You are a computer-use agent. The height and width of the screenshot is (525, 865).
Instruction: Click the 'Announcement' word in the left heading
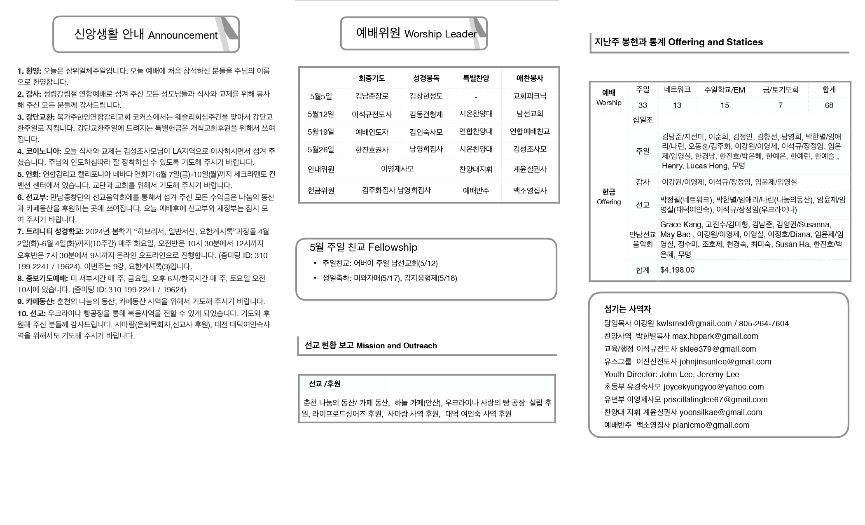pyautogui.click(x=182, y=35)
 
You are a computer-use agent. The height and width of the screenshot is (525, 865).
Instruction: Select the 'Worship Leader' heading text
pyautogui.click(x=440, y=34)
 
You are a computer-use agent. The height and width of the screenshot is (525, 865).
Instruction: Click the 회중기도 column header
pyautogui.click(x=372, y=78)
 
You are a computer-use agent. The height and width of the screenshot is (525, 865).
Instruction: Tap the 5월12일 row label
pyautogui.click(x=321, y=114)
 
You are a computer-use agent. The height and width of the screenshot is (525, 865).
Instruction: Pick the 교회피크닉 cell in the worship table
pyautogui.click(x=530, y=96)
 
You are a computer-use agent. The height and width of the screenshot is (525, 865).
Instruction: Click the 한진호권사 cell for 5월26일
pyautogui.click(x=372, y=149)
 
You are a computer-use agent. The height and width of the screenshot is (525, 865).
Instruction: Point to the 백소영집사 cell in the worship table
pyautogui.click(x=530, y=191)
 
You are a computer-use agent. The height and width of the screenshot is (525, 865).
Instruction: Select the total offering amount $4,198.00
pyautogui.click(x=677, y=270)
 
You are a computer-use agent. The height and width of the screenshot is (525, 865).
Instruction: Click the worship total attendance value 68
pyautogui.click(x=829, y=105)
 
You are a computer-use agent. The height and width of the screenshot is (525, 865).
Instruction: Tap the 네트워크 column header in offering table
pyautogui.click(x=677, y=90)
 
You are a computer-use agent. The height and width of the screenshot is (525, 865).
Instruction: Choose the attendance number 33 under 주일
pyautogui.click(x=643, y=105)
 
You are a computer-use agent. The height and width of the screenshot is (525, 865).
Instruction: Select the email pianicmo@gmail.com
pyautogui.click(x=711, y=425)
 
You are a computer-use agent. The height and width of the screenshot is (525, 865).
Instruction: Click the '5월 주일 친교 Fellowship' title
pyautogui.click(x=363, y=247)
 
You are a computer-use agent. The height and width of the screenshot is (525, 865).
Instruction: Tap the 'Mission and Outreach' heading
pyautogui.click(x=396, y=346)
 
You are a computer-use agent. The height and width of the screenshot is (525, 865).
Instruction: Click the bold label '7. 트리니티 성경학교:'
pyautogui.click(x=50, y=232)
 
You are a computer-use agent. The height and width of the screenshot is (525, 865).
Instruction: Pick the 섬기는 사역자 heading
pyautogui.click(x=627, y=309)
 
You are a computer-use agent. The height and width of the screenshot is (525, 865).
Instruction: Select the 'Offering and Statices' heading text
pyautogui.click(x=715, y=42)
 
